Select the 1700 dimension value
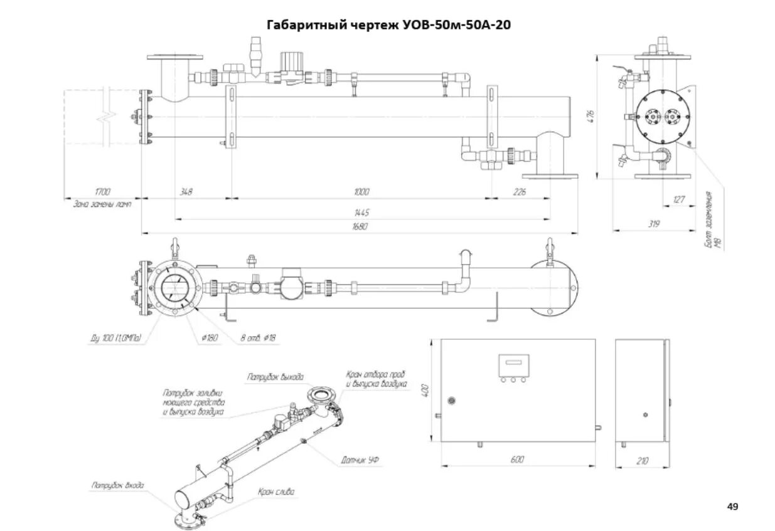click(x=102, y=192)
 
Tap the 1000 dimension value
click(x=361, y=192)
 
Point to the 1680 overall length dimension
click(x=360, y=226)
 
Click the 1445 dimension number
click(x=362, y=213)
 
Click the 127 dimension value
click(x=678, y=200)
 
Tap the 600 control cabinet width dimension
click(x=516, y=460)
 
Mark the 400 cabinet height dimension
click(x=425, y=389)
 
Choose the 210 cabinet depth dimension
click(x=642, y=461)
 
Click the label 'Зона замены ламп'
click(x=102, y=204)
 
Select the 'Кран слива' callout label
click(x=275, y=492)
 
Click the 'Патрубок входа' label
click(x=117, y=485)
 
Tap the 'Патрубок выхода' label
click(x=275, y=377)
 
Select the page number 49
click(x=732, y=505)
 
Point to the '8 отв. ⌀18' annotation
click(x=258, y=339)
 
